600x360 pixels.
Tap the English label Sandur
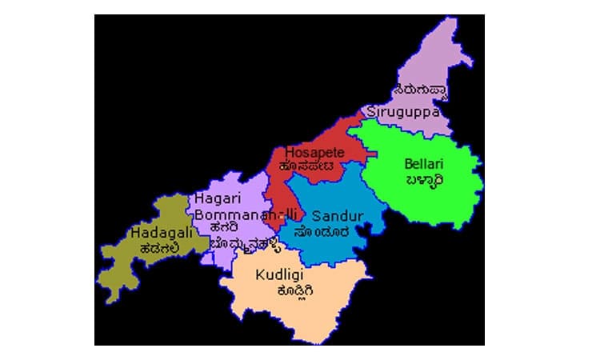pyautogui.click(x=338, y=216)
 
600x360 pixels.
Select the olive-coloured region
pyautogui.click(x=128, y=264)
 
